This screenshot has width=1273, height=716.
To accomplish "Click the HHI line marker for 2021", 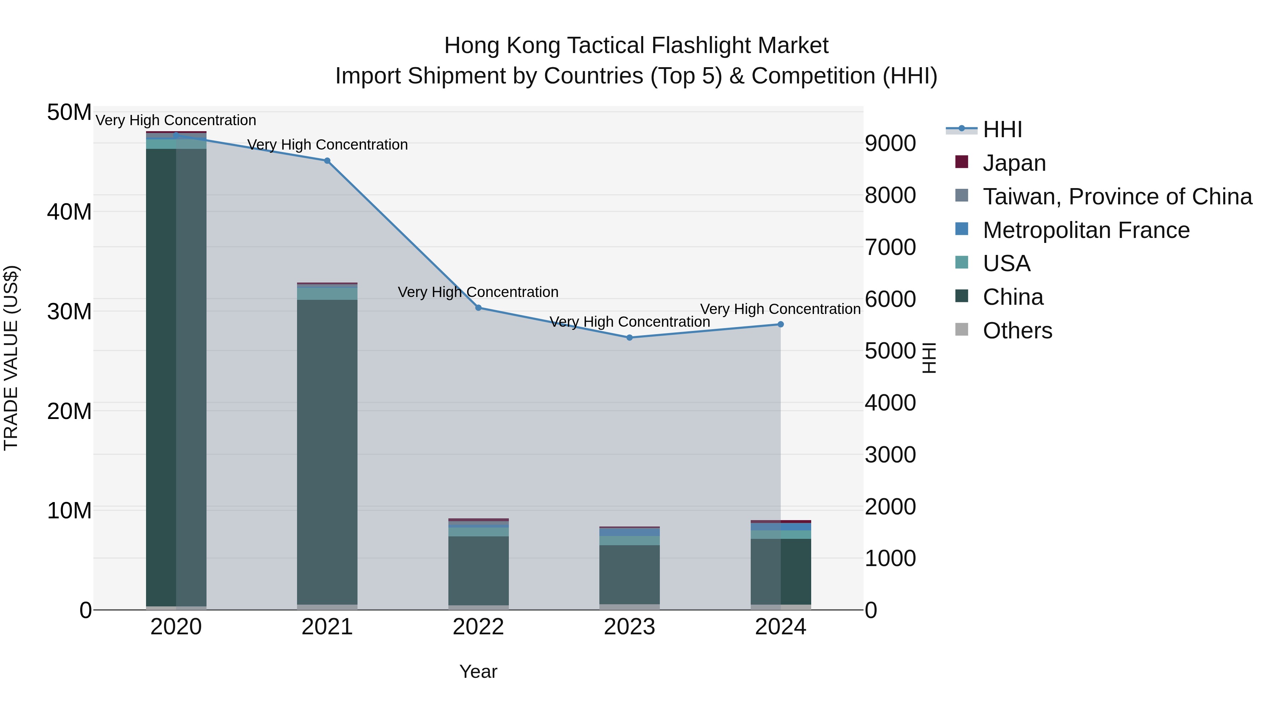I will click(327, 161).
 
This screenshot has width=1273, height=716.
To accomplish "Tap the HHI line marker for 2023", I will click(629, 338).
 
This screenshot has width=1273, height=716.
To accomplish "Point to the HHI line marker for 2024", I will click(780, 325).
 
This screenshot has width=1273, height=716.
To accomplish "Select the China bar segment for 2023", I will click(629, 574).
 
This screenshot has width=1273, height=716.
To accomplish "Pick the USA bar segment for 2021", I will click(327, 293).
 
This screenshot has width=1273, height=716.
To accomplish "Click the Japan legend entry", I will click(1014, 163).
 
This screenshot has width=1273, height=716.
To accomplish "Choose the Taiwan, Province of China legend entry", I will click(1117, 196).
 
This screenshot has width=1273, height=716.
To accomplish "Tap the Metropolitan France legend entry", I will click(1086, 230).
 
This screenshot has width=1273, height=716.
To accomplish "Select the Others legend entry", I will click(1017, 330).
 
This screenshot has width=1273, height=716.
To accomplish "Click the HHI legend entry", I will click(1002, 129).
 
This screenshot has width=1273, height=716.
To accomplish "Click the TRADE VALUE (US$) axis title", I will click(11, 358).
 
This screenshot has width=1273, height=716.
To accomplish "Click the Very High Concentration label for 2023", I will click(629, 322).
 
